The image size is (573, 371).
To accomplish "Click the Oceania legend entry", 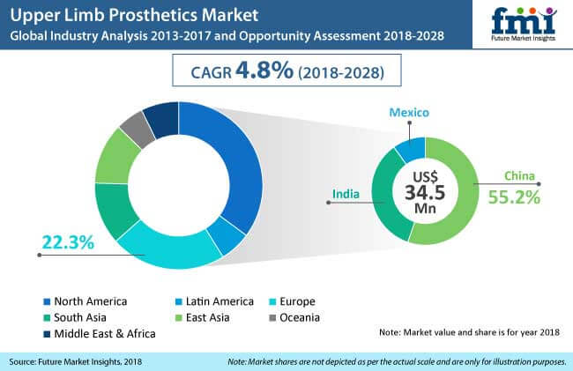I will (320, 317).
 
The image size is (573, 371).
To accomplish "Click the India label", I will (345, 192).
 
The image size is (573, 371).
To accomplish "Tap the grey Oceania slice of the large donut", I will (133, 130).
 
